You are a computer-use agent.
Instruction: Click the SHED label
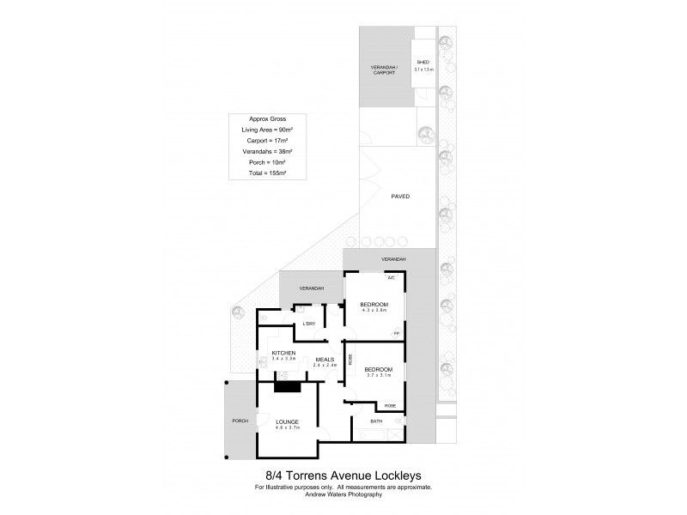point(423,63)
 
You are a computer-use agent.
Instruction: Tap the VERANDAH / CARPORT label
point(384,70)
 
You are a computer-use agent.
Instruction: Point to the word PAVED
point(400,197)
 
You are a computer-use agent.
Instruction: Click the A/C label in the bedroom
point(391,278)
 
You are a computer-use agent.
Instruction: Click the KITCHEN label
point(283,353)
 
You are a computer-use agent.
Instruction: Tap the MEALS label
point(325,360)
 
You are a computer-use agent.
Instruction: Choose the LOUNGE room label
point(287,421)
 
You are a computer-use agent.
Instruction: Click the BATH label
point(376,421)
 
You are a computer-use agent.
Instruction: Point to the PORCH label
point(240,421)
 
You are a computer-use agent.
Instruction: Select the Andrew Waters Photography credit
point(343,494)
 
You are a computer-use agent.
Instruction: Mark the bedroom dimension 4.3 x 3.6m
point(374,311)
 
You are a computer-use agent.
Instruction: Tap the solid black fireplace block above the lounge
point(288,385)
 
